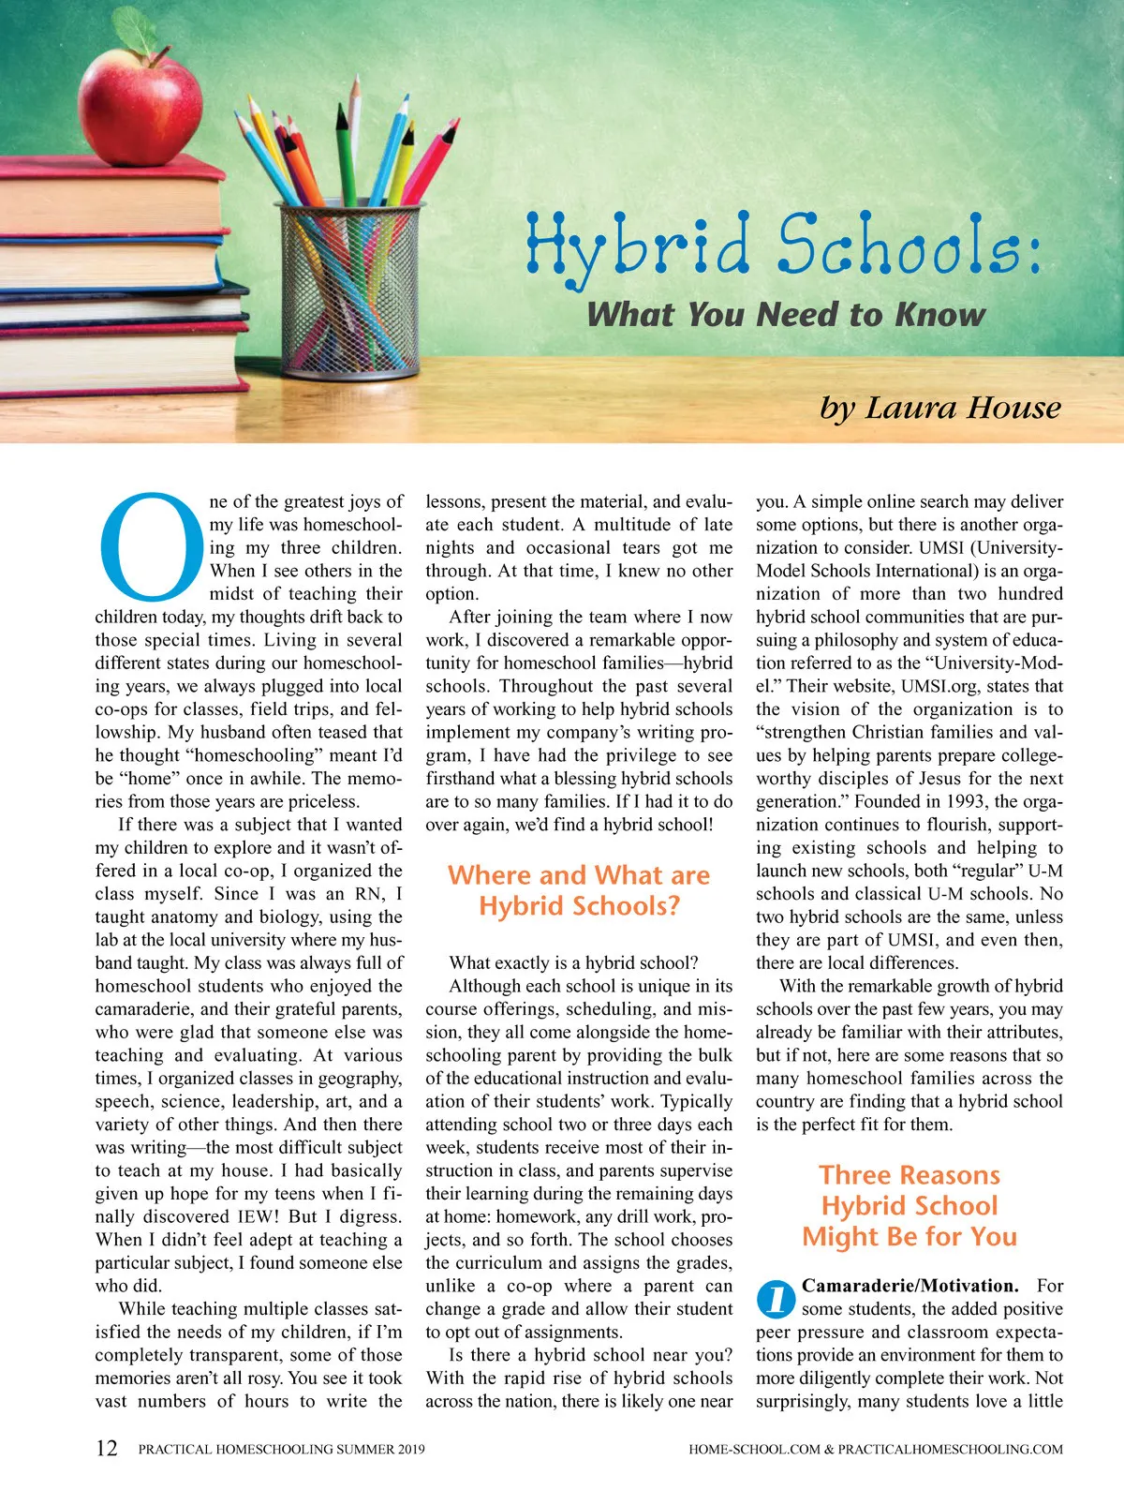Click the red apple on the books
140,103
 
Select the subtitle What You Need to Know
786,314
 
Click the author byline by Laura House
940,408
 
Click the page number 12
107,1448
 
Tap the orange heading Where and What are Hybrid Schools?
579,890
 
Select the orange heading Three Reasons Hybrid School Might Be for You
910,1205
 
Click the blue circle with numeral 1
776,1298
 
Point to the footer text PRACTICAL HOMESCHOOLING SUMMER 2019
281,1449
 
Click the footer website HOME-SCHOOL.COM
754,1449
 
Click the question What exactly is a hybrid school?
573,962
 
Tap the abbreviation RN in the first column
368,894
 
